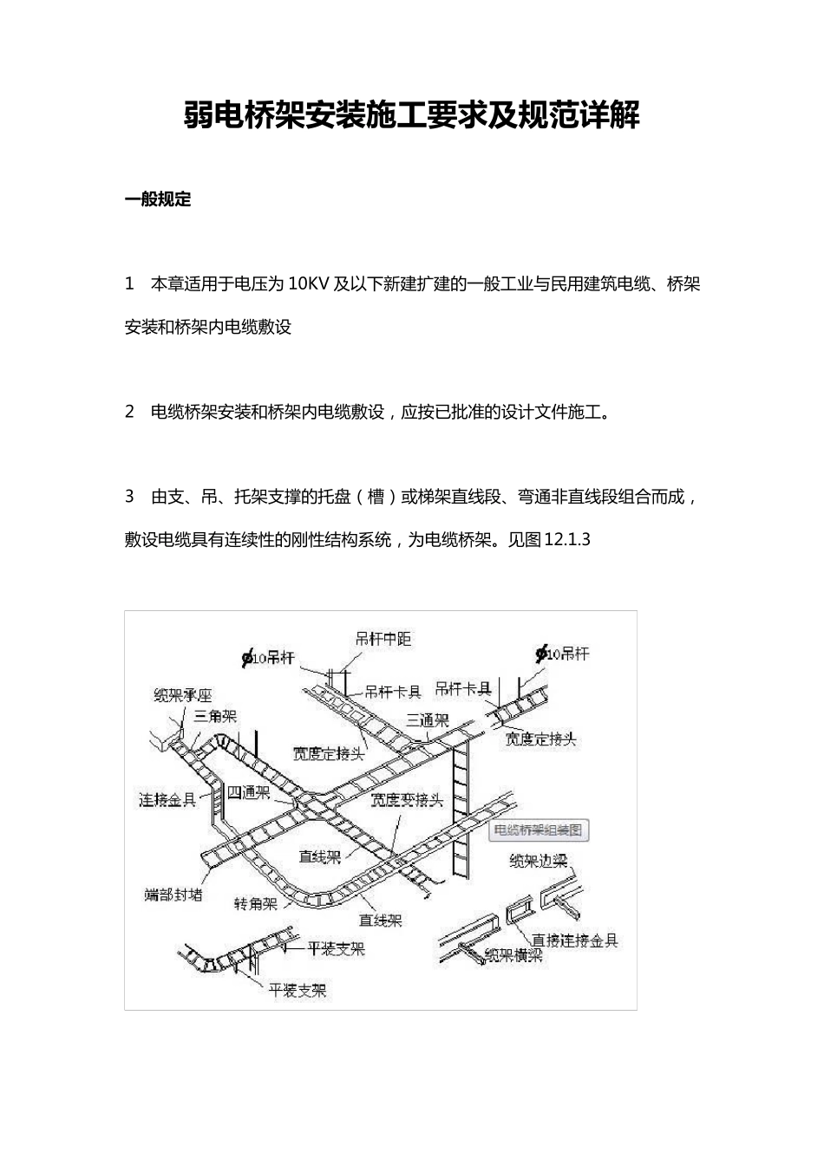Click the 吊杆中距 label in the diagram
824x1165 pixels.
pos(383,639)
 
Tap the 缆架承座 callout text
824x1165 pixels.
pos(182,694)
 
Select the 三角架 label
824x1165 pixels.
pos(215,716)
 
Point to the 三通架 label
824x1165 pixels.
pos(428,720)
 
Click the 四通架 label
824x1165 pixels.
pos(249,792)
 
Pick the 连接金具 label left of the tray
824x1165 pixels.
pos(167,799)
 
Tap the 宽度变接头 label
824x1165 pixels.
pos(407,799)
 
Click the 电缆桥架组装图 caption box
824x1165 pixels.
pos(539,830)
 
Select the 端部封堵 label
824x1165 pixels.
pos(173,894)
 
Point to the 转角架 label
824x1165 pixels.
pos(256,903)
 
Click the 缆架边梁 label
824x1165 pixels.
pos(538,861)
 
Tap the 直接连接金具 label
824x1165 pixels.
pos(574,940)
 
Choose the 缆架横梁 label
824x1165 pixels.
pos(513,955)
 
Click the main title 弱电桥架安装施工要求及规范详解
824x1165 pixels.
pos(412,115)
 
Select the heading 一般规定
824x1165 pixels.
pos(158,199)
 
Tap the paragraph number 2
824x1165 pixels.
pos(129,412)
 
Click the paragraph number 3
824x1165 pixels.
pos(129,497)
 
